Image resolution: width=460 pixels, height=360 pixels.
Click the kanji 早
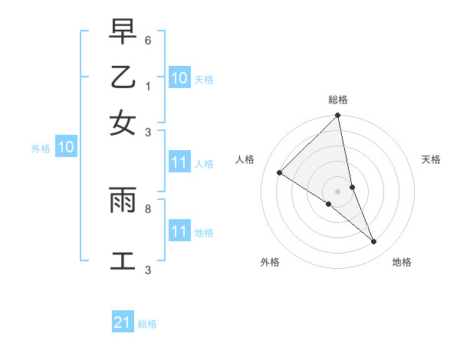123,32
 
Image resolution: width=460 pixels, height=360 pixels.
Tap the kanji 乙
123,77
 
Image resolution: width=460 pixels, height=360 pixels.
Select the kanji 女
123,123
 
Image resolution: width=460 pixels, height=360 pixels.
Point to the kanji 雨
123,200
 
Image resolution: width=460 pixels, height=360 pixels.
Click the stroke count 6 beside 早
148,40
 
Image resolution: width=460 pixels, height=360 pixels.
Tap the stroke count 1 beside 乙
148,85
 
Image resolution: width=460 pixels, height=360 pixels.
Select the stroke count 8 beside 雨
148,208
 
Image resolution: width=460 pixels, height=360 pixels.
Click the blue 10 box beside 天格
179,78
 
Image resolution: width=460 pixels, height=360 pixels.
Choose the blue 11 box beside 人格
179,162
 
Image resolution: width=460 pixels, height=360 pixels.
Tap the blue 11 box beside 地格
179,231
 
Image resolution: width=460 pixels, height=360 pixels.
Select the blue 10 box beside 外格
66,148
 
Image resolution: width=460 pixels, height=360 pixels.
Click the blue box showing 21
123,322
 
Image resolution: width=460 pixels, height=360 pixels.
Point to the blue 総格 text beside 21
147,324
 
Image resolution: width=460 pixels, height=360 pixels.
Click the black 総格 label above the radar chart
338,100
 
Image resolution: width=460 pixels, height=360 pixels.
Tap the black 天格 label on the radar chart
432,159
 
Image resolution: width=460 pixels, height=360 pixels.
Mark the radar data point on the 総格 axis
338,116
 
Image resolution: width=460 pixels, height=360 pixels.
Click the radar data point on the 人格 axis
280,172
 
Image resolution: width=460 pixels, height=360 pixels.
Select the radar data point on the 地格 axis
374,242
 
